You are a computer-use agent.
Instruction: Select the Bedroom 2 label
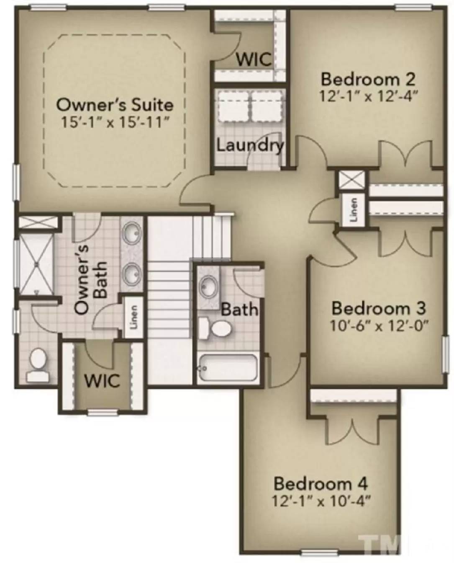coord(368,79)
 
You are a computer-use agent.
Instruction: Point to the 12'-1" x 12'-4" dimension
coord(368,96)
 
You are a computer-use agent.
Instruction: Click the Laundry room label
coord(250,145)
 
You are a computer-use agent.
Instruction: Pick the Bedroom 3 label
coord(378,308)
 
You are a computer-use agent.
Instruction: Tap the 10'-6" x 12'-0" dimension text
coord(378,325)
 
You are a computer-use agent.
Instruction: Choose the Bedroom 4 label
coord(321,483)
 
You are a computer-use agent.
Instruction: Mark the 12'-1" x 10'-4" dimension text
coord(321,501)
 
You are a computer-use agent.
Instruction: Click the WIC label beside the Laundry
coord(254,59)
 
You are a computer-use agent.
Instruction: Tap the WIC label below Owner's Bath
coord(102,380)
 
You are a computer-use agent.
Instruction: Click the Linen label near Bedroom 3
coord(354,210)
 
